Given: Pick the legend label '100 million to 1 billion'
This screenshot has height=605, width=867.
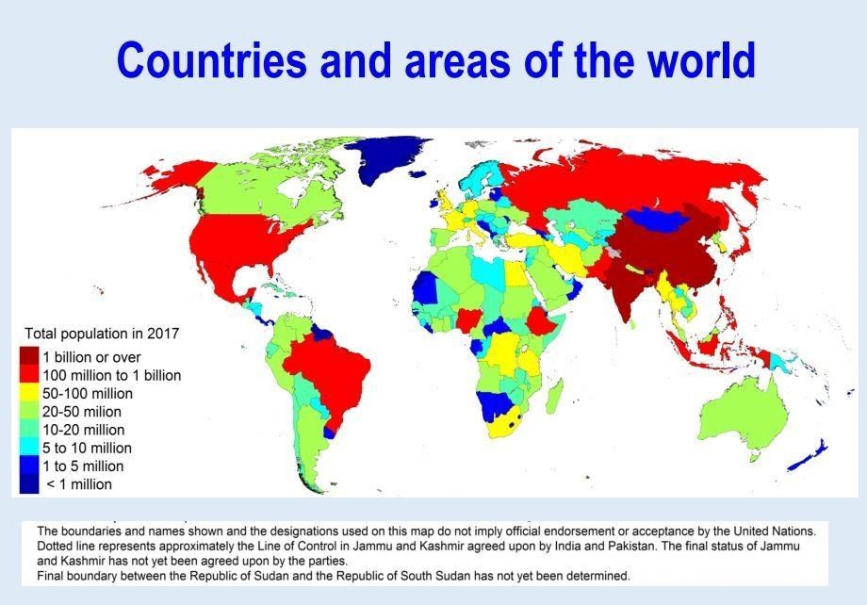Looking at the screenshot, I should (x=112, y=375).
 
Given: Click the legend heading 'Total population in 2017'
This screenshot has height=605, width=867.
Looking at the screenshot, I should (x=101, y=333).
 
